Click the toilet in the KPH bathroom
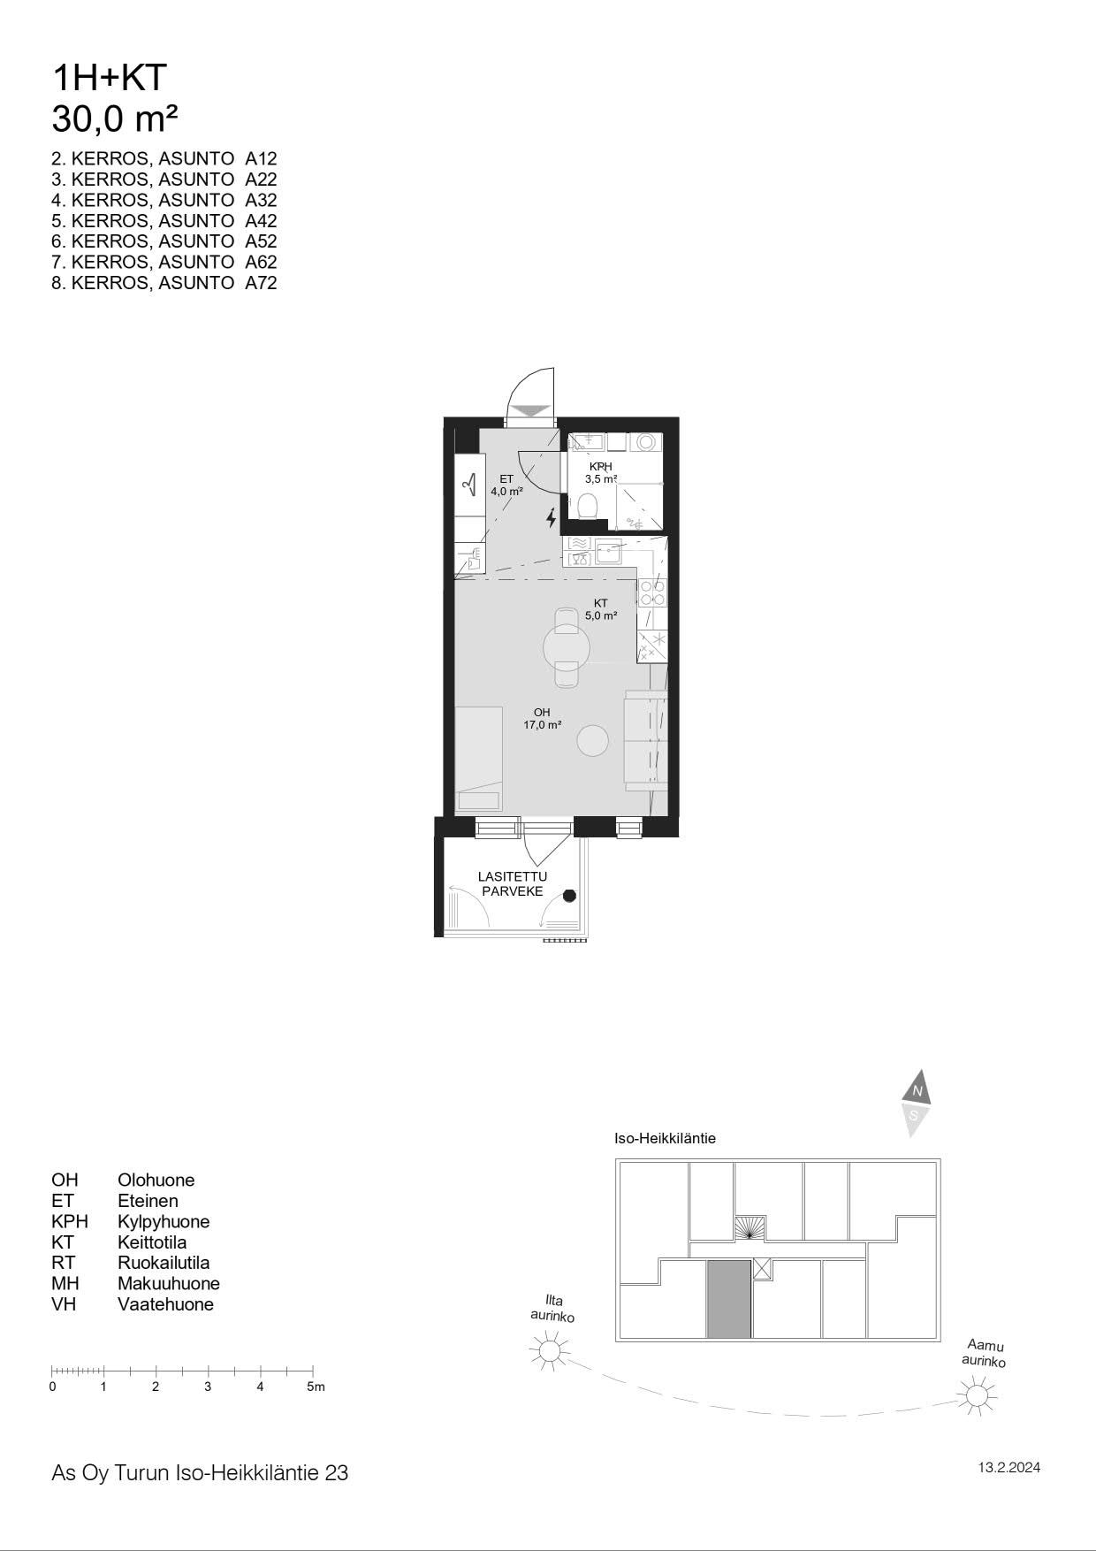587,506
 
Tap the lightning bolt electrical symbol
552,517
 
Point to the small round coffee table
593,740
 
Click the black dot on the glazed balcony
570,895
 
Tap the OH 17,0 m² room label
542,718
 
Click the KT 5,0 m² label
601,609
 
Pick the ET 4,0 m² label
506,485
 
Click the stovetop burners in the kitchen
652,592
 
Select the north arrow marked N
917,1089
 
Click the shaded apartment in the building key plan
729,1299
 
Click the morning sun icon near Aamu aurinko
977,1395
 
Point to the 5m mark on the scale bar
316,1387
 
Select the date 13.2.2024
1008,1468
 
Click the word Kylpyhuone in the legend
164,1221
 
